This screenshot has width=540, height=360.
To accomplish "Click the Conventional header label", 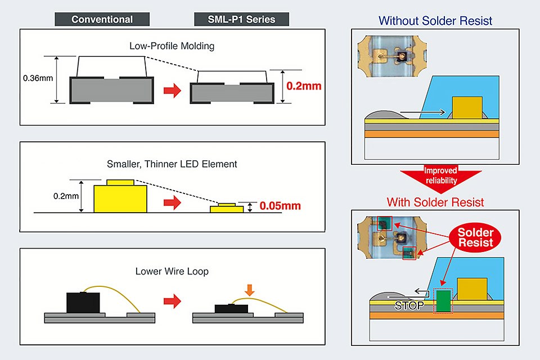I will coord(102,20).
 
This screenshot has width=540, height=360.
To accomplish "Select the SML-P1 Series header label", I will coord(241,20).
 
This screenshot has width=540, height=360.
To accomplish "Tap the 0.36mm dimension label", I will coord(38,78).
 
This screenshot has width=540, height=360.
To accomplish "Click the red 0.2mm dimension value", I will coord(304,86).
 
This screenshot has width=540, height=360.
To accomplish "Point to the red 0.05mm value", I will coord(280,206).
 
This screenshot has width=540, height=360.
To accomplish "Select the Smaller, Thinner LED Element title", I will coord(172,164).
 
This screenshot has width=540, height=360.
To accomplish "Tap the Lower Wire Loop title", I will coord(172,271).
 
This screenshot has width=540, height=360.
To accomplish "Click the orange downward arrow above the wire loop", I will coord(250,290).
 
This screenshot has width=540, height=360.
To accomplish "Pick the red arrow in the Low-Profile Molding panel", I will coord(172,90).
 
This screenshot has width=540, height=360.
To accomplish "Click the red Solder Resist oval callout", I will coord(475,237).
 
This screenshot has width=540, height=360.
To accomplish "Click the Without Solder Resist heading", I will coord(435,21).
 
